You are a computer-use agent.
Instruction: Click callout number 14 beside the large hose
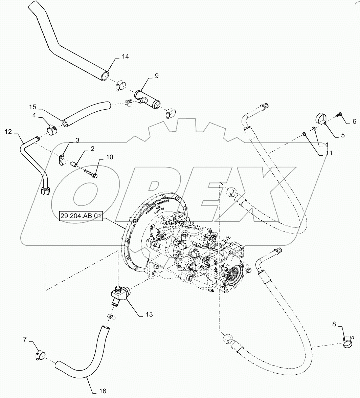pyautogui.click(x=125, y=57)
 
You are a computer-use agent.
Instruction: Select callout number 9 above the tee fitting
pyautogui.click(x=156, y=76)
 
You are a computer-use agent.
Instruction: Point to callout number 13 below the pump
pyautogui.click(x=149, y=314)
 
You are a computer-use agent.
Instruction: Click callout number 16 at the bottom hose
pyautogui.click(x=103, y=391)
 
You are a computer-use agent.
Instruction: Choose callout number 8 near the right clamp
pyautogui.click(x=334, y=324)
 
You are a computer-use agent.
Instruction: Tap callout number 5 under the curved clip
pyautogui.click(x=342, y=135)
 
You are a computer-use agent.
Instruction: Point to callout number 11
pyautogui.click(x=329, y=153)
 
